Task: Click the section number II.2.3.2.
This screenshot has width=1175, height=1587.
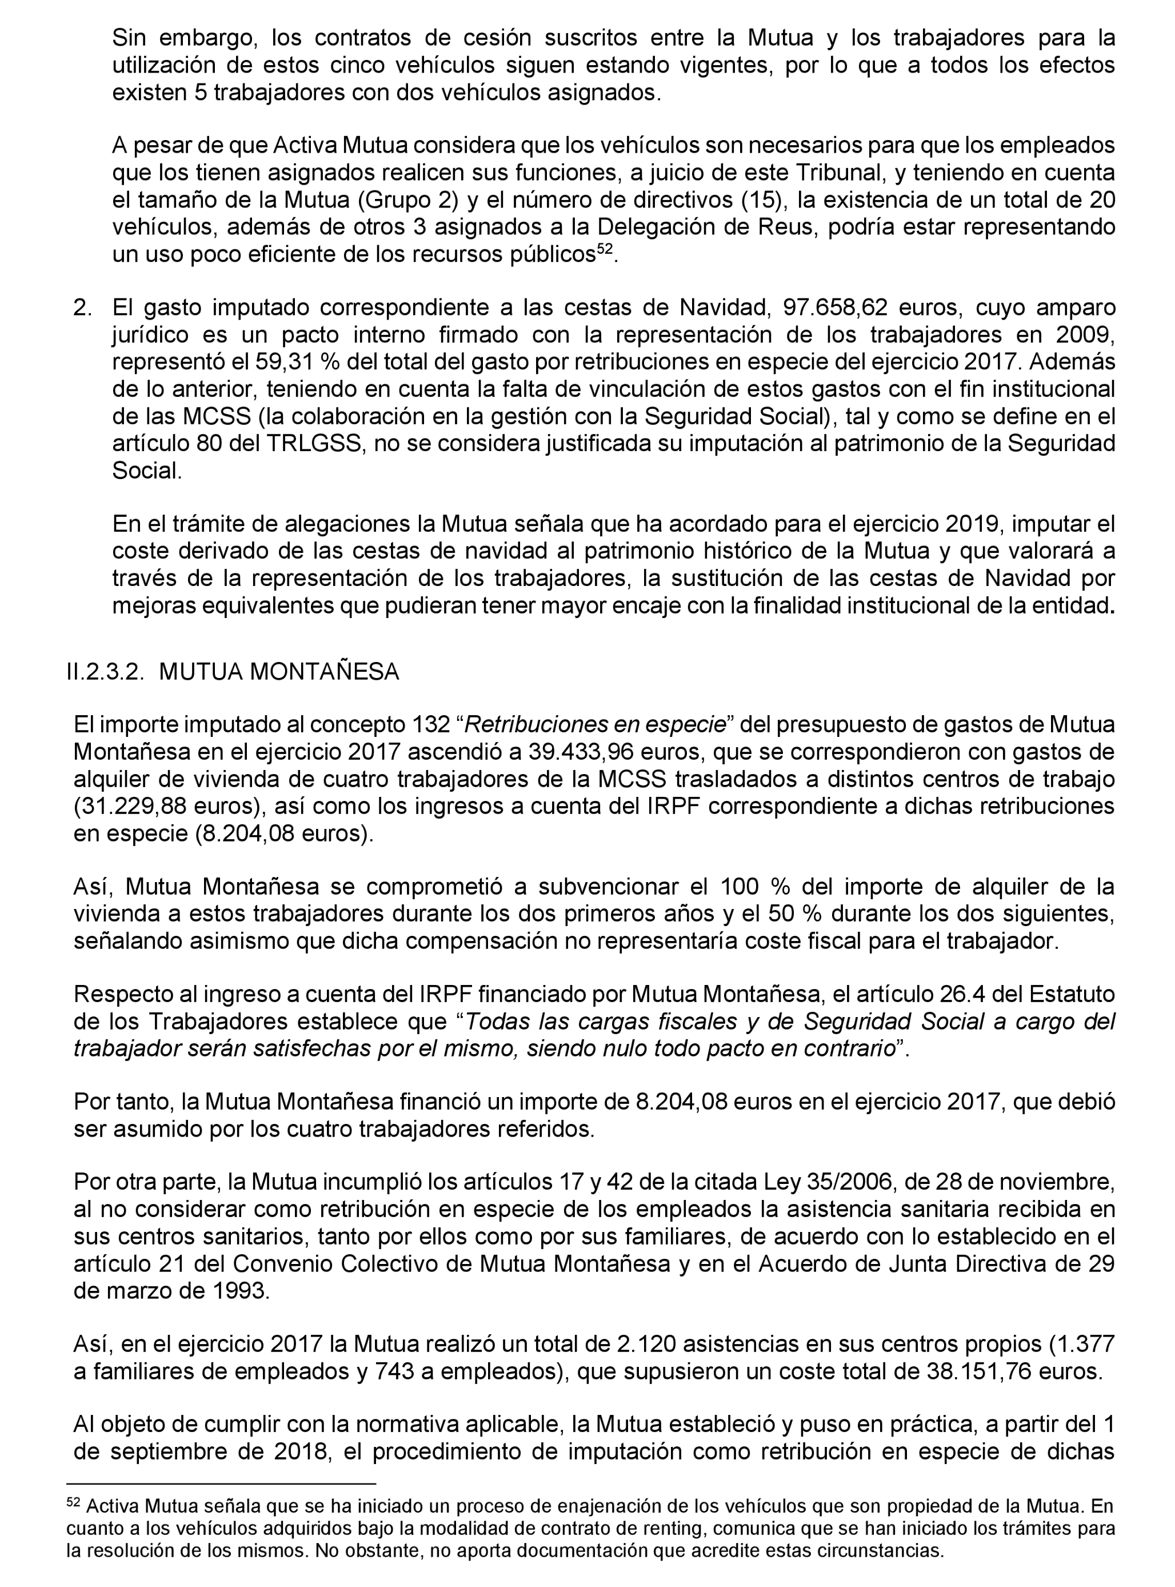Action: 105,672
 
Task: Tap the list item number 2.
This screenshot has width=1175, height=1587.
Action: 83,308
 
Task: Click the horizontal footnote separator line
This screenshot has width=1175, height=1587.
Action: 221,1485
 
